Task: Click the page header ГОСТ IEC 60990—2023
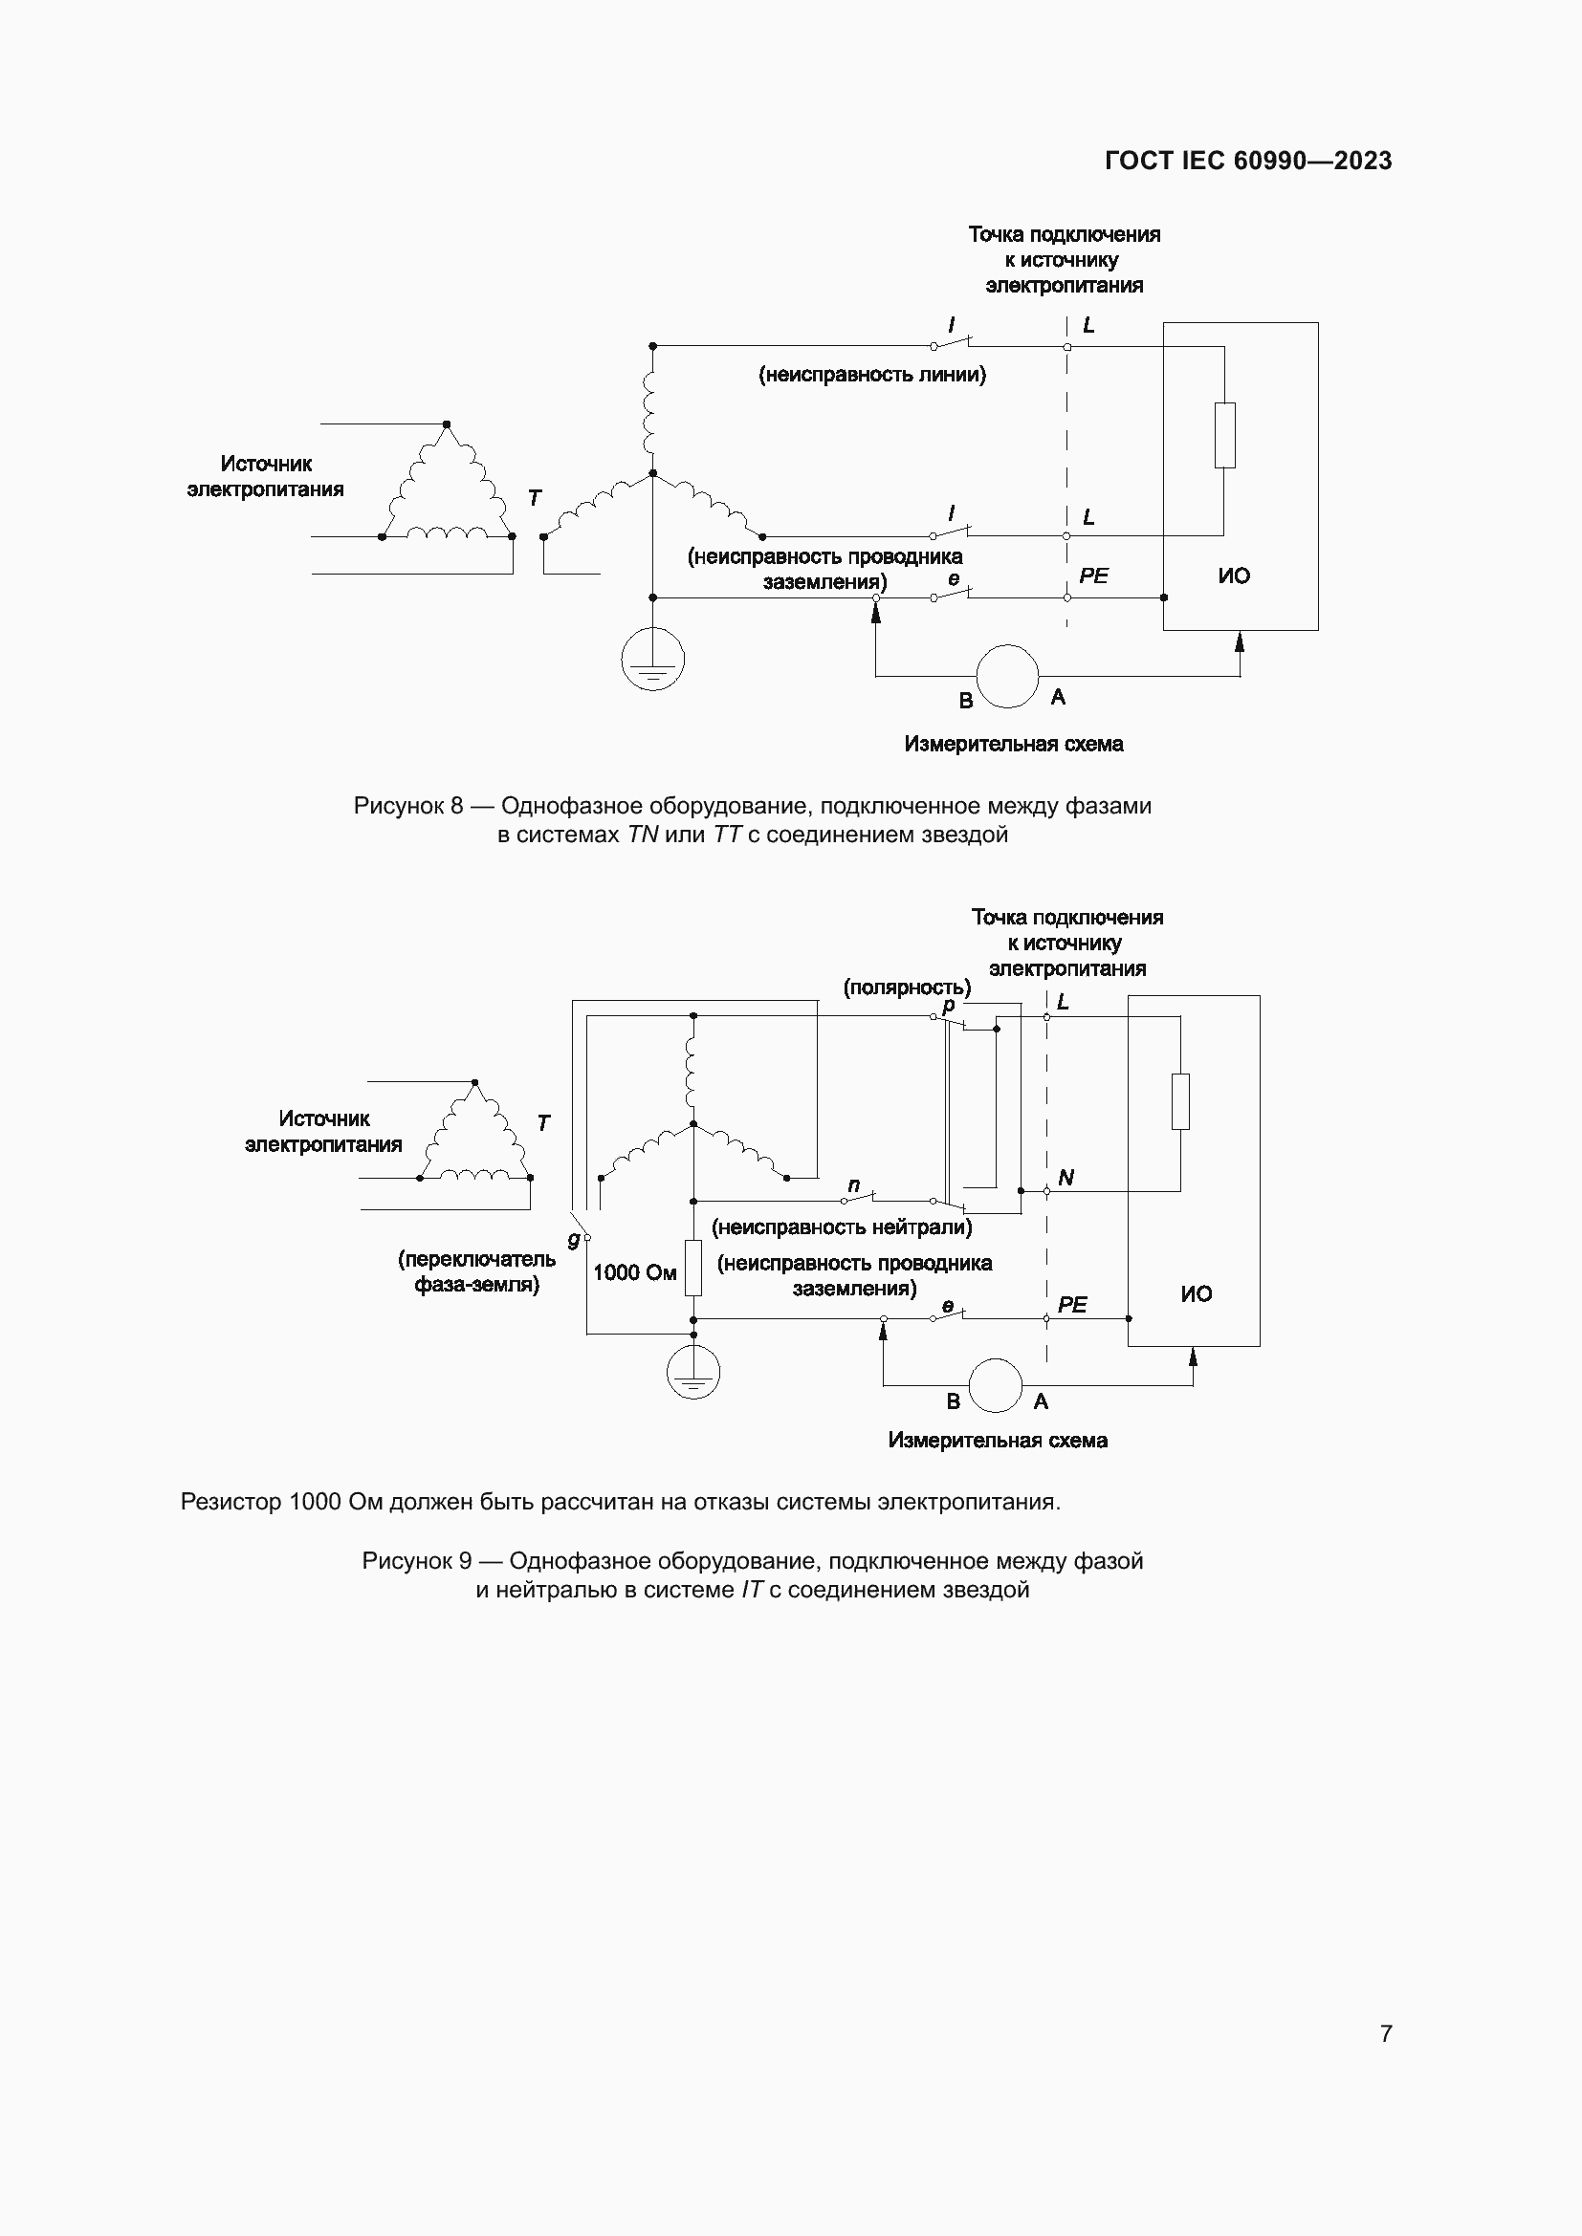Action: click(1248, 161)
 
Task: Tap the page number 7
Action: click(1385, 2032)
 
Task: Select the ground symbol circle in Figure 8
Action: click(652, 660)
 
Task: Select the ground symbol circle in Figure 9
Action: click(693, 1372)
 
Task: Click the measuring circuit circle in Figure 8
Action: click(1007, 676)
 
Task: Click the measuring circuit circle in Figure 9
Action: click(995, 1385)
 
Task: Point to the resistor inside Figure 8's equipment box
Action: click(1224, 435)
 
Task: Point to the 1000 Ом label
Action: click(634, 1272)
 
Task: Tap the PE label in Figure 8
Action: click(1093, 575)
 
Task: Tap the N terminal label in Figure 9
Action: click(1066, 1178)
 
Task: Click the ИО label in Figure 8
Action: click(1233, 575)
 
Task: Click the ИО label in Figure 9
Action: click(1197, 1293)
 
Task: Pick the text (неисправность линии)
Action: click(872, 375)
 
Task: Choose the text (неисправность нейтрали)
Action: click(842, 1227)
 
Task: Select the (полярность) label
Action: click(906, 988)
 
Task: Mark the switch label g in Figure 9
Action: click(574, 1239)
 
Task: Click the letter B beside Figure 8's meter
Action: click(965, 700)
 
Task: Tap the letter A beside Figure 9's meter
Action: click(1041, 1401)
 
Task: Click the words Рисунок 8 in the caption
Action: click(408, 807)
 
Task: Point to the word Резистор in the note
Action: click(231, 1502)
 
